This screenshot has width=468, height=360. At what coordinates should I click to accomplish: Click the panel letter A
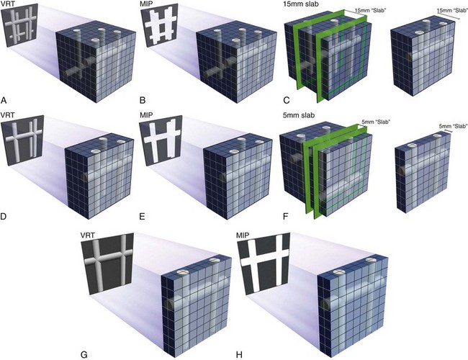4,100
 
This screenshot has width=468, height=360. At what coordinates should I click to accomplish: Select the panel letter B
143,100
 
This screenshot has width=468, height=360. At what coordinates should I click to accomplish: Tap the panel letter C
287,100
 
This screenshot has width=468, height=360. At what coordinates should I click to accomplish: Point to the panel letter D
4,216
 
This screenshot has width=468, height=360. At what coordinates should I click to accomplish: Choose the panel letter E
142,216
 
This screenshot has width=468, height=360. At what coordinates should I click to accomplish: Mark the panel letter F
286,216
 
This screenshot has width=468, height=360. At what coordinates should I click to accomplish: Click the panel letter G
84,355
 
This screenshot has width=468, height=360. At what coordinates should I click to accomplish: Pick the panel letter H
239,355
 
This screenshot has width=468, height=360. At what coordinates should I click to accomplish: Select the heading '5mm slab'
299,115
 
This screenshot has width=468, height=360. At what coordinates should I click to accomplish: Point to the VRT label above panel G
87,235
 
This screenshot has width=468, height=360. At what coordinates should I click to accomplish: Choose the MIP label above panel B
146,4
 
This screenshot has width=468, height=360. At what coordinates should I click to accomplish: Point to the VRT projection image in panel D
23,140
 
